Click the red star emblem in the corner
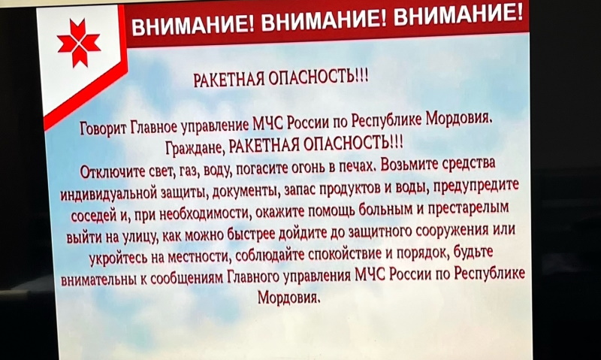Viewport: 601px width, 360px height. [79, 43]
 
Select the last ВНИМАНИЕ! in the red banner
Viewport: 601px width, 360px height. [458, 17]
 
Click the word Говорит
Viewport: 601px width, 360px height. [103, 128]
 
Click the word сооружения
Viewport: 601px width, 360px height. [452, 231]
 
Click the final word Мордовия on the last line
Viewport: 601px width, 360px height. [288, 297]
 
